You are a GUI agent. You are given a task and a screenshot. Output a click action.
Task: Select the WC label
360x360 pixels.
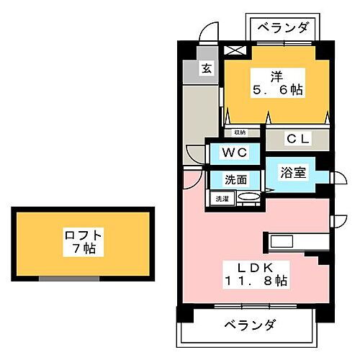[234, 153]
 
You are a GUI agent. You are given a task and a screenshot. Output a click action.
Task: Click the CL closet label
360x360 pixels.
[296, 138]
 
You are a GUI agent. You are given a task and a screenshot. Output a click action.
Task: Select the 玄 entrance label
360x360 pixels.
[207, 70]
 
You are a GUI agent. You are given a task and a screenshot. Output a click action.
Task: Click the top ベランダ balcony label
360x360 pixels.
[283, 28]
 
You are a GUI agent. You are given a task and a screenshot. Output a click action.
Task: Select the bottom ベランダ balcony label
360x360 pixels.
[248, 325]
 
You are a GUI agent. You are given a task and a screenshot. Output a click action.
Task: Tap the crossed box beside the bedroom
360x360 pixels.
[235, 51]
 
